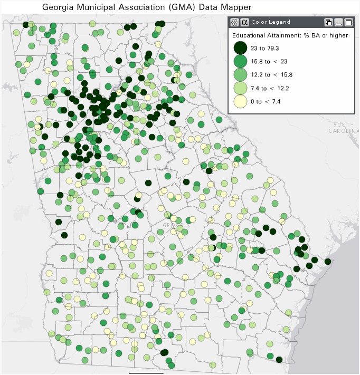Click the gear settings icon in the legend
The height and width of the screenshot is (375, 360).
click(235, 22)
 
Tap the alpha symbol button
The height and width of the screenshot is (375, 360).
click(244, 22)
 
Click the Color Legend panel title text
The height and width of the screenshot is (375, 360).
click(270, 22)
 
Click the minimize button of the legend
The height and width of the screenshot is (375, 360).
click(338, 22)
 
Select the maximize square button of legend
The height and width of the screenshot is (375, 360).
click(348, 22)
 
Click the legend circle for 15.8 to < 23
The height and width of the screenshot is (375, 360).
click(241, 61)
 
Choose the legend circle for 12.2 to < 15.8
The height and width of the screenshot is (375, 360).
click(241, 74)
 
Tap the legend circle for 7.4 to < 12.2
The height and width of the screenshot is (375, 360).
click(241, 88)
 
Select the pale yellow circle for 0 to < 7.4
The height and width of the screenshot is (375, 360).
click(241, 101)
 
